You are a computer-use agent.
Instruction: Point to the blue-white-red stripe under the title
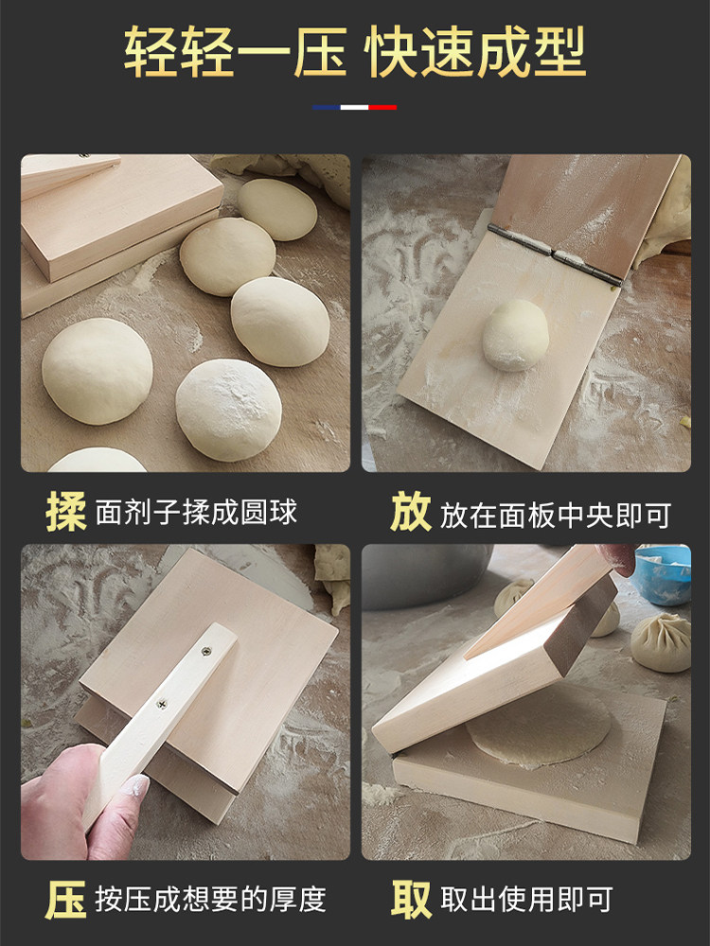355,107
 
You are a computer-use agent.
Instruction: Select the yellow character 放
410,511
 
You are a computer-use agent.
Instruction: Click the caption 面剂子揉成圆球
196,513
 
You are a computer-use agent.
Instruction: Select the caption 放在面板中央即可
555,515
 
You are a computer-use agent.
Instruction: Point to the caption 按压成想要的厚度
209,900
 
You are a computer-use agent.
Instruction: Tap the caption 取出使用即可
526,900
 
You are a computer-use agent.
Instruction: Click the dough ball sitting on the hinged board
515,335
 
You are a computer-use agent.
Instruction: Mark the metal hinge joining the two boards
555,254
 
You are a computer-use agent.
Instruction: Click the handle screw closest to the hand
162,703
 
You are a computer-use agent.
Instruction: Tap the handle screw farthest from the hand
205,650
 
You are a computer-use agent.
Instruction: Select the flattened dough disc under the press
540,729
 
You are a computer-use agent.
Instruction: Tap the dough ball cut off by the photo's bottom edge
97,461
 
